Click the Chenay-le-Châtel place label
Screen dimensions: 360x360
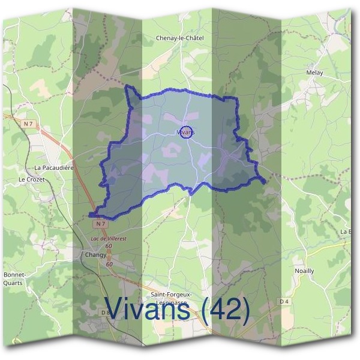[x=179, y=38]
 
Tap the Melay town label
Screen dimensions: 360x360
[x=314, y=73]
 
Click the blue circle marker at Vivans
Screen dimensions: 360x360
[x=186, y=132]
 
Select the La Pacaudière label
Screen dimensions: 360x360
[x=54, y=168]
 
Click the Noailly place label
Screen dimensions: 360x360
[x=304, y=271]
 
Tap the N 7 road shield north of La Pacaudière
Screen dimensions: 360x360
[x=28, y=124]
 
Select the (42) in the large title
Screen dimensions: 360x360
[x=226, y=310]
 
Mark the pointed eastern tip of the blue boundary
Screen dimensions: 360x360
[x=265, y=180]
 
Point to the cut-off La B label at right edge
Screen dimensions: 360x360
[x=346, y=232]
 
